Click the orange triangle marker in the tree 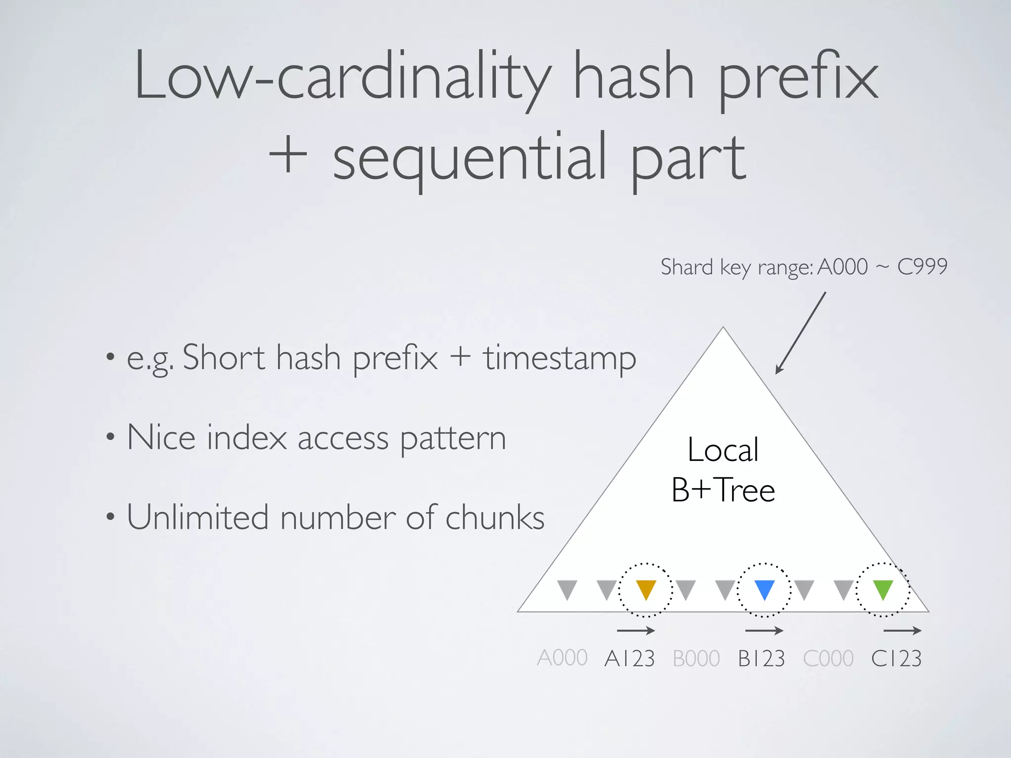[646, 589]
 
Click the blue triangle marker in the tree [764, 589]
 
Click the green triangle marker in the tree [883, 589]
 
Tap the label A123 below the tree [629, 658]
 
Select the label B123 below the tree [761, 658]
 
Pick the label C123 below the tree [896, 658]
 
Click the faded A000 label [562, 658]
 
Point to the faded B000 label [696, 658]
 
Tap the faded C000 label [828, 658]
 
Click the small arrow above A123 [636, 630]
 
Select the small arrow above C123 [902, 630]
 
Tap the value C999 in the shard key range [922, 267]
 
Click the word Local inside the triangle [723, 450]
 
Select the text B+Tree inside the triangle [723, 490]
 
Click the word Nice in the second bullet [161, 438]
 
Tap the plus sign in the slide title [288, 157]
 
